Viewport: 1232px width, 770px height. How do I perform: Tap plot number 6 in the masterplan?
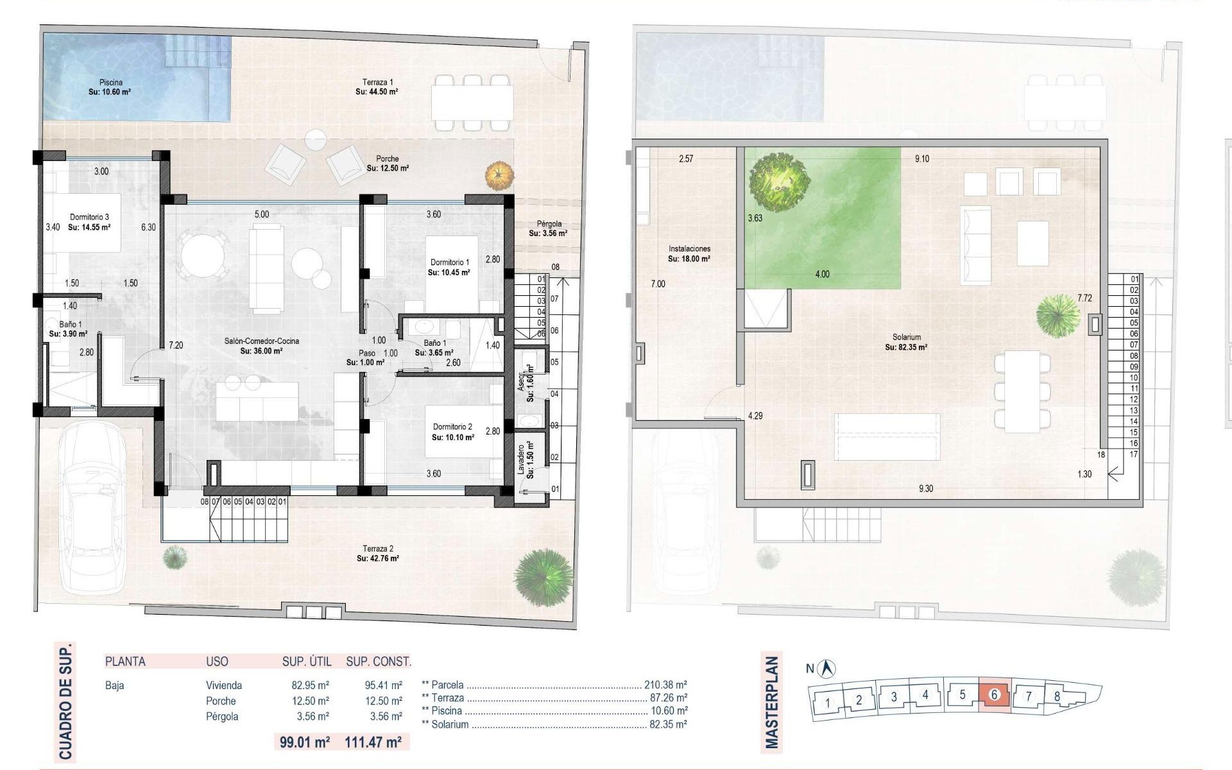(x=995, y=694)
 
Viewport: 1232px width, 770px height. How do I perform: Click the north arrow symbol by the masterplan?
(x=828, y=668)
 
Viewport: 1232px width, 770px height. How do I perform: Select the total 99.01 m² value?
(x=305, y=742)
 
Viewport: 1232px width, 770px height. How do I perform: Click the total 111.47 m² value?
(x=373, y=742)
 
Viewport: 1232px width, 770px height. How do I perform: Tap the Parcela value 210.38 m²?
(x=665, y=685)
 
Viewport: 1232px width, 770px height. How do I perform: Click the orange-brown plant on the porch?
(x=500, y=175)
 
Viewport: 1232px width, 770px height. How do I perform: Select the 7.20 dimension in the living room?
(x=176, y=345)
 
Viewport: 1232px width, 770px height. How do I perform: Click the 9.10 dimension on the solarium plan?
(x=921, y=158)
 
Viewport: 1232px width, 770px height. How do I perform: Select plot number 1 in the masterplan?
(x=827, y=702)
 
